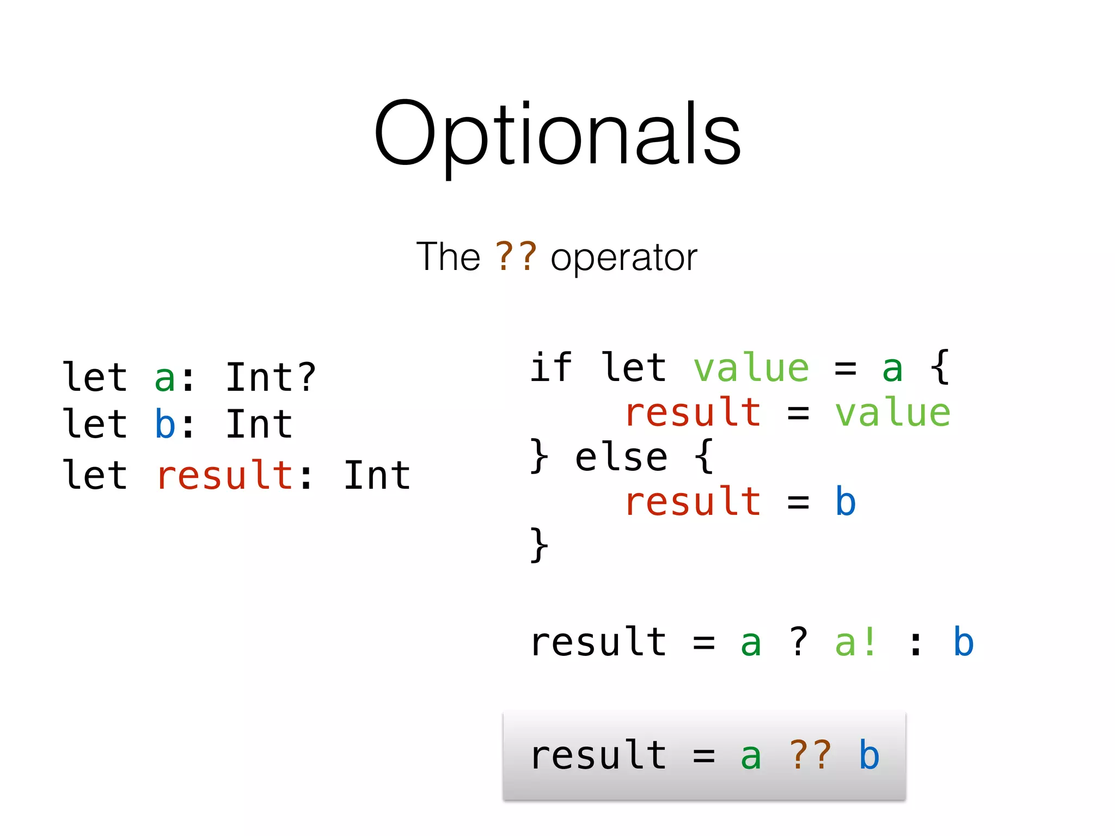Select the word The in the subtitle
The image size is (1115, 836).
(x=448, y=257)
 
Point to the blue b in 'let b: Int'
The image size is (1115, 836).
(x=165, y=424)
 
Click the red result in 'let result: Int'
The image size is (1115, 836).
(x=225, y=475)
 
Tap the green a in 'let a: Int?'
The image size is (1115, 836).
(x=165, y=378)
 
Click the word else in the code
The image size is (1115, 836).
(x=621, y=457)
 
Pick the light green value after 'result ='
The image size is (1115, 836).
(x=893, y=413)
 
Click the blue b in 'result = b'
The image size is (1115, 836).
(x=846, y=501)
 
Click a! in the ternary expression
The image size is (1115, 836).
(x=856, y=642)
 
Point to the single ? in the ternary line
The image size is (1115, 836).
(x=799, y=642)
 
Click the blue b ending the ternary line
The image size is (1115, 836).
(x=963, y=642)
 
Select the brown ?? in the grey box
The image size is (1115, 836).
(x=811, y=755)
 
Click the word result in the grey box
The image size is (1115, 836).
(x=598, y=755)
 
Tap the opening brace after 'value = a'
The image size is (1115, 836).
(x=940, y=368)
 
